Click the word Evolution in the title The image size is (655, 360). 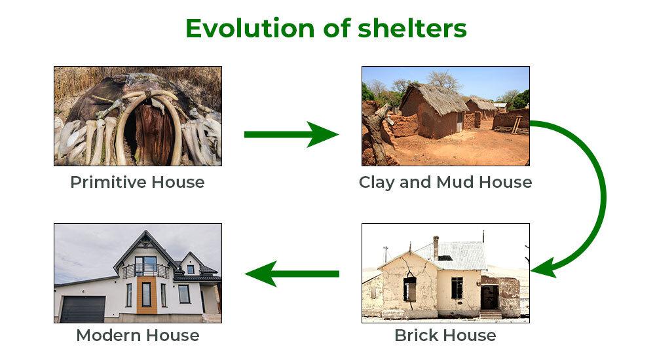(x=250, y=28)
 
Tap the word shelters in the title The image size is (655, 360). (x=412, y=28)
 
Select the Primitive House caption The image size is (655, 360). (x=138, y=183)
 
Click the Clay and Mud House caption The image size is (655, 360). (x=445, y=183)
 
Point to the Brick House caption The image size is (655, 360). (x=445, y=335)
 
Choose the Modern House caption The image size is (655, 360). (x=138, y=335)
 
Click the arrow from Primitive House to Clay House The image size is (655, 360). (x=291, y=134)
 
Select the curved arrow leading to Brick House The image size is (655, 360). (x=603, y=196)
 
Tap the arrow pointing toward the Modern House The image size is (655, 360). (x=292, y=274)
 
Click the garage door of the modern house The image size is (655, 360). (x=83, y=309)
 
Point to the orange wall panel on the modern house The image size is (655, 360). (x=147, y=295)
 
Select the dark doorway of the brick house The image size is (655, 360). (x=489, y=297)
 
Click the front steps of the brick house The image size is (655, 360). (x=491, y=314)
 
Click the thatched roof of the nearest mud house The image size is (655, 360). (x=434, y=98)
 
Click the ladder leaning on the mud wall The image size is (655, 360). (x=517, y=124)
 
